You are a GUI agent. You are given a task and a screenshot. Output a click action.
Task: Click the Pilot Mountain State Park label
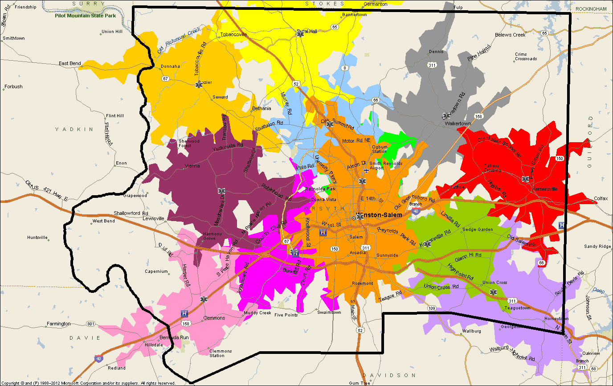tap(85, 15)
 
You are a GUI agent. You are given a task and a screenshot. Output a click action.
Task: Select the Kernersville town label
tap(544, 189)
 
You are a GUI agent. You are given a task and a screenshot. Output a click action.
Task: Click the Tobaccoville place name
tap(233, 34)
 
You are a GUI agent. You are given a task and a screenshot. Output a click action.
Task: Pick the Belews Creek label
tap(510, 35)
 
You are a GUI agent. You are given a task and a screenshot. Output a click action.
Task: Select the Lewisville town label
tap(154, 218)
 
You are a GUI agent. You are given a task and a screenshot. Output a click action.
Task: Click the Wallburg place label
tap(472, 331)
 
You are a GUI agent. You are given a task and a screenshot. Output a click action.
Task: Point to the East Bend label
tap(70, 63)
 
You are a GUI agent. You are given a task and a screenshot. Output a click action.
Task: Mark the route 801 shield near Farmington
tap(91, 324)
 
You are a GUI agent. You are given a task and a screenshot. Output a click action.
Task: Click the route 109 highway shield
tap(431, 308)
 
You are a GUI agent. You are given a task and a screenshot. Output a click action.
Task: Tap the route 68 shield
tap(593, 369)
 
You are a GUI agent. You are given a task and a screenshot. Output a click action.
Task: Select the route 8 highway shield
tap(344, 68)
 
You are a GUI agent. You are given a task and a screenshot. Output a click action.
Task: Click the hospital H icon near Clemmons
tap(184, 313)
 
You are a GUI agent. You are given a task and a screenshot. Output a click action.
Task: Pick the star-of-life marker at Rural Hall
tap(301, 34)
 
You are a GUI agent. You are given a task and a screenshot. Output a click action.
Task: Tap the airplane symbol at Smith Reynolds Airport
tap(366, 170)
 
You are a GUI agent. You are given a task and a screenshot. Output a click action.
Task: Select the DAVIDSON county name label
tap(389, 375)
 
